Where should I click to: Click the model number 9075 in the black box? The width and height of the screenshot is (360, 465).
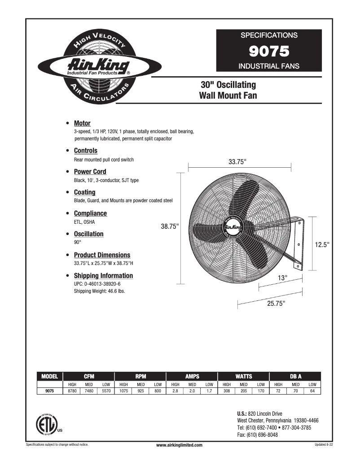coord(269,51)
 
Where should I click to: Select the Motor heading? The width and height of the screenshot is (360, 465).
coord(82,123)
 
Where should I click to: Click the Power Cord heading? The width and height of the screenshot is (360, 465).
coord(90,172)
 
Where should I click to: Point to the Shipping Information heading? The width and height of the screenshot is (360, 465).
coord(103,276)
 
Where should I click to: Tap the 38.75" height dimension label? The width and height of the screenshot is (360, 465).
coord(170,227)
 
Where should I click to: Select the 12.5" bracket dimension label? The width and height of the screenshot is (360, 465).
coord(322,245)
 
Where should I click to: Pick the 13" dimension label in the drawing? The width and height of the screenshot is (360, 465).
coord(282,278)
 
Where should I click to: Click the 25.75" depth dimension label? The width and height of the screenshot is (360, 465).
coord(276,304)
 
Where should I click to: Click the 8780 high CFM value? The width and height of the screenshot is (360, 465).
coord(72,391)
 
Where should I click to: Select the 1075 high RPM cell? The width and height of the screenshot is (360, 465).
coord(123,391)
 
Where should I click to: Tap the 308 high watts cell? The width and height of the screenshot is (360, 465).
coord(227,391)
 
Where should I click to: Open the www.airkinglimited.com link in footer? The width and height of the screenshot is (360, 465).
coord(180,445)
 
